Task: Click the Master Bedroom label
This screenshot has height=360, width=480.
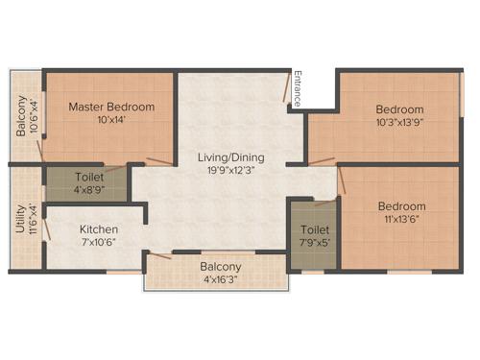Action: [x=107, y=106]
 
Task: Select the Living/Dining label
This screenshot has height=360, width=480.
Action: [x=230, y=157]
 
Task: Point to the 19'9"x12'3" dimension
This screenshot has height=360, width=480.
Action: [x=230, y=171]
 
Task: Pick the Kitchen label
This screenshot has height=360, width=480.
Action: [x=99, y=229]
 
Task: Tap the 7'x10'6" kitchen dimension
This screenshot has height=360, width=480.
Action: [x=99, y=243]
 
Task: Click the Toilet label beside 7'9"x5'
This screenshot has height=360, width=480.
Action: [x=314, y=230]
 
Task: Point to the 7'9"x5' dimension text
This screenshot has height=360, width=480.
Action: [x=314, y=244]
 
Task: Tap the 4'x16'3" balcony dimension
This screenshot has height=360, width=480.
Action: [x=221, y=280]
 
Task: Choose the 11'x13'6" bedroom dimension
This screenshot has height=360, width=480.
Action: [x=400, y=220]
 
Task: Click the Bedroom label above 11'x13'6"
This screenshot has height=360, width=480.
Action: [x=400, y=206]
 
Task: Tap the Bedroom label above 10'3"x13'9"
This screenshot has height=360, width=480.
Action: [x=400, y=109]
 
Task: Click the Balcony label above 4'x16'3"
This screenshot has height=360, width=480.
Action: [x=221, y=266]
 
